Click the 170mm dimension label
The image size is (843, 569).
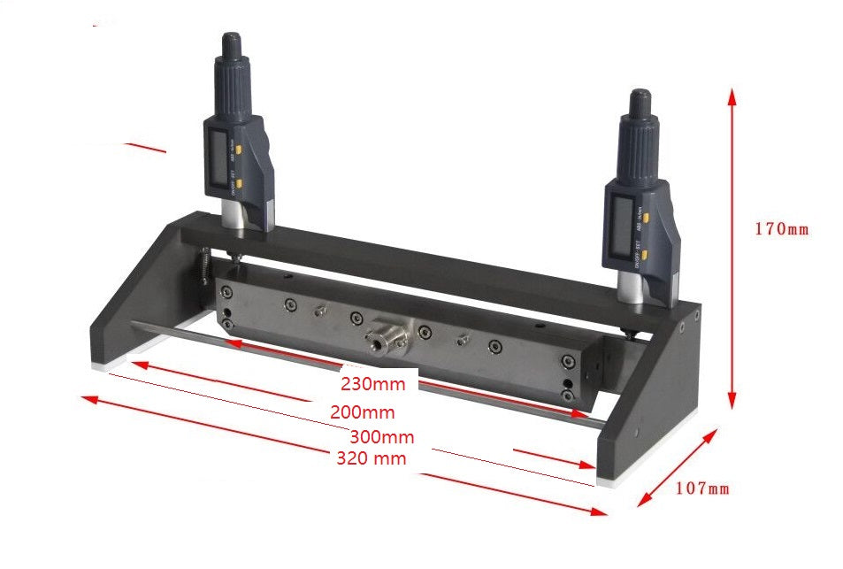click(x=781, y=229)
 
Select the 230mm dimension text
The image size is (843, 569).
click(x=372, y=384)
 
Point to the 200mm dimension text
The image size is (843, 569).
click(x=363, y=411)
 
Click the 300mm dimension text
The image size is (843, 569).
click(x=381, y=436)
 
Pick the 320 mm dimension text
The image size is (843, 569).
click(x=372, y=458)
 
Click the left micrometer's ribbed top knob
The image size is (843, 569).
click(x=233, y=66)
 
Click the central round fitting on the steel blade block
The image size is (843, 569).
click(x=382, y=334)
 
